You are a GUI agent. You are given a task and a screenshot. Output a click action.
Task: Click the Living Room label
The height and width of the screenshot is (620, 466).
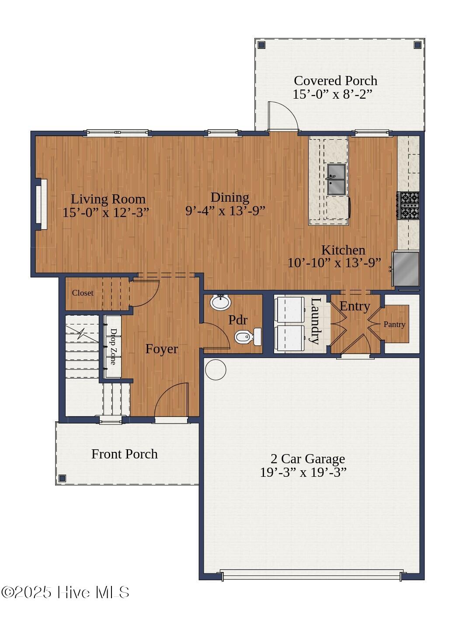tap(108, 199)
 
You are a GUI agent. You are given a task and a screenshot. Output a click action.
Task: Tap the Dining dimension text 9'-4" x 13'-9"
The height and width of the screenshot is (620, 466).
tap(225, 211)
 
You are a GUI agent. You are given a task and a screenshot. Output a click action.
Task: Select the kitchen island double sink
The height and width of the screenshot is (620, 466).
tap(336, 179)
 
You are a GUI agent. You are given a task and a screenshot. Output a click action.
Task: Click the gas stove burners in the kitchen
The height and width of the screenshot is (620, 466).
tap(408, 205)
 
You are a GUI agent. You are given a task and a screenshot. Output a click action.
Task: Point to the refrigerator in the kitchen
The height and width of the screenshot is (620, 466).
tap(406, 268)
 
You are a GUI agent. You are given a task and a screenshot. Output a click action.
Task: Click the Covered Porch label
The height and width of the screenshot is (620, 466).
tap(335, 81)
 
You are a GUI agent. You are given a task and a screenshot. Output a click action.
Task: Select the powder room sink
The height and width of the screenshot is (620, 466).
tap(220, 302)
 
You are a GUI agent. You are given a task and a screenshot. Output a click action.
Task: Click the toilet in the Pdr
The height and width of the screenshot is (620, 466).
tap(247, 337)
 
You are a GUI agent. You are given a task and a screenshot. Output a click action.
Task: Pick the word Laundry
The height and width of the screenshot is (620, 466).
tap(315, 320)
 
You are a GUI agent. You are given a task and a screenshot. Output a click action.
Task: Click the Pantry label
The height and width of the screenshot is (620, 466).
tap(394, 324)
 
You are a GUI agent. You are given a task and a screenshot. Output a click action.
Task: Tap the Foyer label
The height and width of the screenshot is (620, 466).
tap(161, 349)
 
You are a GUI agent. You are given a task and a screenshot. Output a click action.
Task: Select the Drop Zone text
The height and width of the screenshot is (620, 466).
tap(113, 347)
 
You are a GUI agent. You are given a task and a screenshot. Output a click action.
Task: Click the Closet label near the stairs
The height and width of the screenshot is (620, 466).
tap(83, 293)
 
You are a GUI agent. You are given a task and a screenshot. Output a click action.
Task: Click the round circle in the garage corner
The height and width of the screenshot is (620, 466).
tap(216, 370)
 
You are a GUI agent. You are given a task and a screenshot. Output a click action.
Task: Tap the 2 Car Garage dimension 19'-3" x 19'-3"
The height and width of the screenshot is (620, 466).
tap(303, 472)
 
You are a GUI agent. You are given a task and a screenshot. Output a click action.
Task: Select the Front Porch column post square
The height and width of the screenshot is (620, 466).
tap(62, 478)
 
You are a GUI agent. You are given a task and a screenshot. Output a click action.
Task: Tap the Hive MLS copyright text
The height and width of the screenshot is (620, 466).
tap(66, 592)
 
